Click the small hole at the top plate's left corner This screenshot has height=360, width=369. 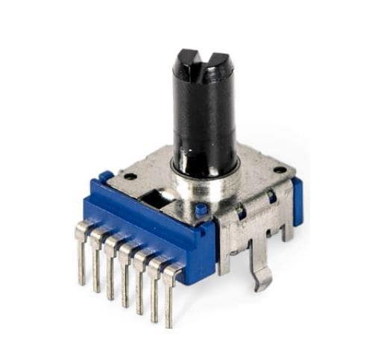[130, 177]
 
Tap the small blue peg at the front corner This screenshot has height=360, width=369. [201, 211]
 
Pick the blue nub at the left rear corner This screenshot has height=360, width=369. [107, 177]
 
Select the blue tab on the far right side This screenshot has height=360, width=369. [297, 200]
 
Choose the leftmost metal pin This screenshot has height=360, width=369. [81, 257]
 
